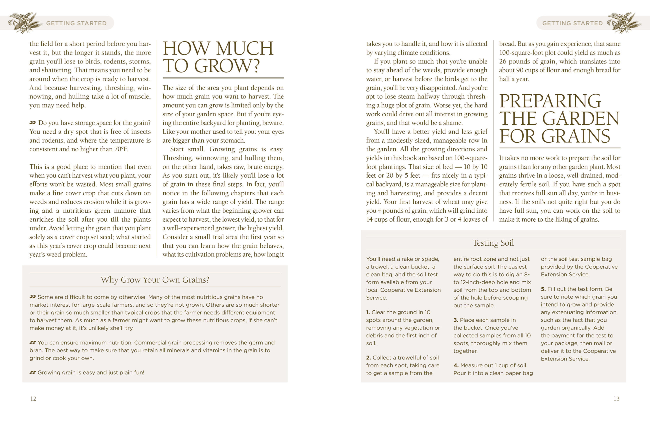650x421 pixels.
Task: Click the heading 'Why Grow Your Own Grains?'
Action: (x=155, y=280)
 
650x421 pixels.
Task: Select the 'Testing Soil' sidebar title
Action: (x=493, y=243)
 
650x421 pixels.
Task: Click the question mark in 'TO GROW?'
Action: (x=256, y=66)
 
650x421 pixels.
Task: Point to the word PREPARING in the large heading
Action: (x=550, y=101)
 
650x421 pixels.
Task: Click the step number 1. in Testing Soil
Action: (x=368, y=312)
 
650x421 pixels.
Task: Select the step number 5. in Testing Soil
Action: (x=543, y=289)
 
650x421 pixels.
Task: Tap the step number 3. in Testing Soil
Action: (x=455, y=320)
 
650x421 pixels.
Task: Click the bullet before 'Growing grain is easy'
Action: (x=33, y=372)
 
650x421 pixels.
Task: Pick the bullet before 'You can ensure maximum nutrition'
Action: (x=33, y=342)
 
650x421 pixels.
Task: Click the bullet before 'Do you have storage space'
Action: (x=33, y=123)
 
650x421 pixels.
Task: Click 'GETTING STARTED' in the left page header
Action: (x=76, y=23)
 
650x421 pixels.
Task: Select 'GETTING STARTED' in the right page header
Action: (x=572, y=23)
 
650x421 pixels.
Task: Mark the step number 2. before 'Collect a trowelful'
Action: (x=368, y=358)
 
